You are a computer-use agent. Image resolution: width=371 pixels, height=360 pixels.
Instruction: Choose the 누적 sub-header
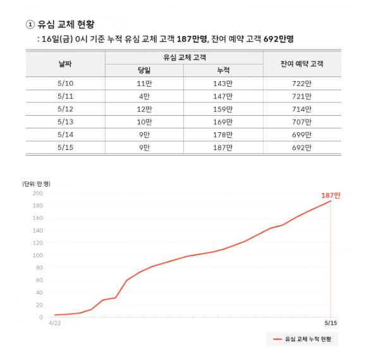[x=223, y=71]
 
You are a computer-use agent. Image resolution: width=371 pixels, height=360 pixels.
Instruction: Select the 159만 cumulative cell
[x=223, y=109]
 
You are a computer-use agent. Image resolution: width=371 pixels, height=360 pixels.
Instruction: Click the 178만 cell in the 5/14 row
[x=223, y=135]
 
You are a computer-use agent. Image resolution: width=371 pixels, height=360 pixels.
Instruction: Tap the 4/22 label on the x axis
[x=55, y=323]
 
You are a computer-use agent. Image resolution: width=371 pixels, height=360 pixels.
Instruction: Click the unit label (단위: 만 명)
[x=36, y=183]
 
